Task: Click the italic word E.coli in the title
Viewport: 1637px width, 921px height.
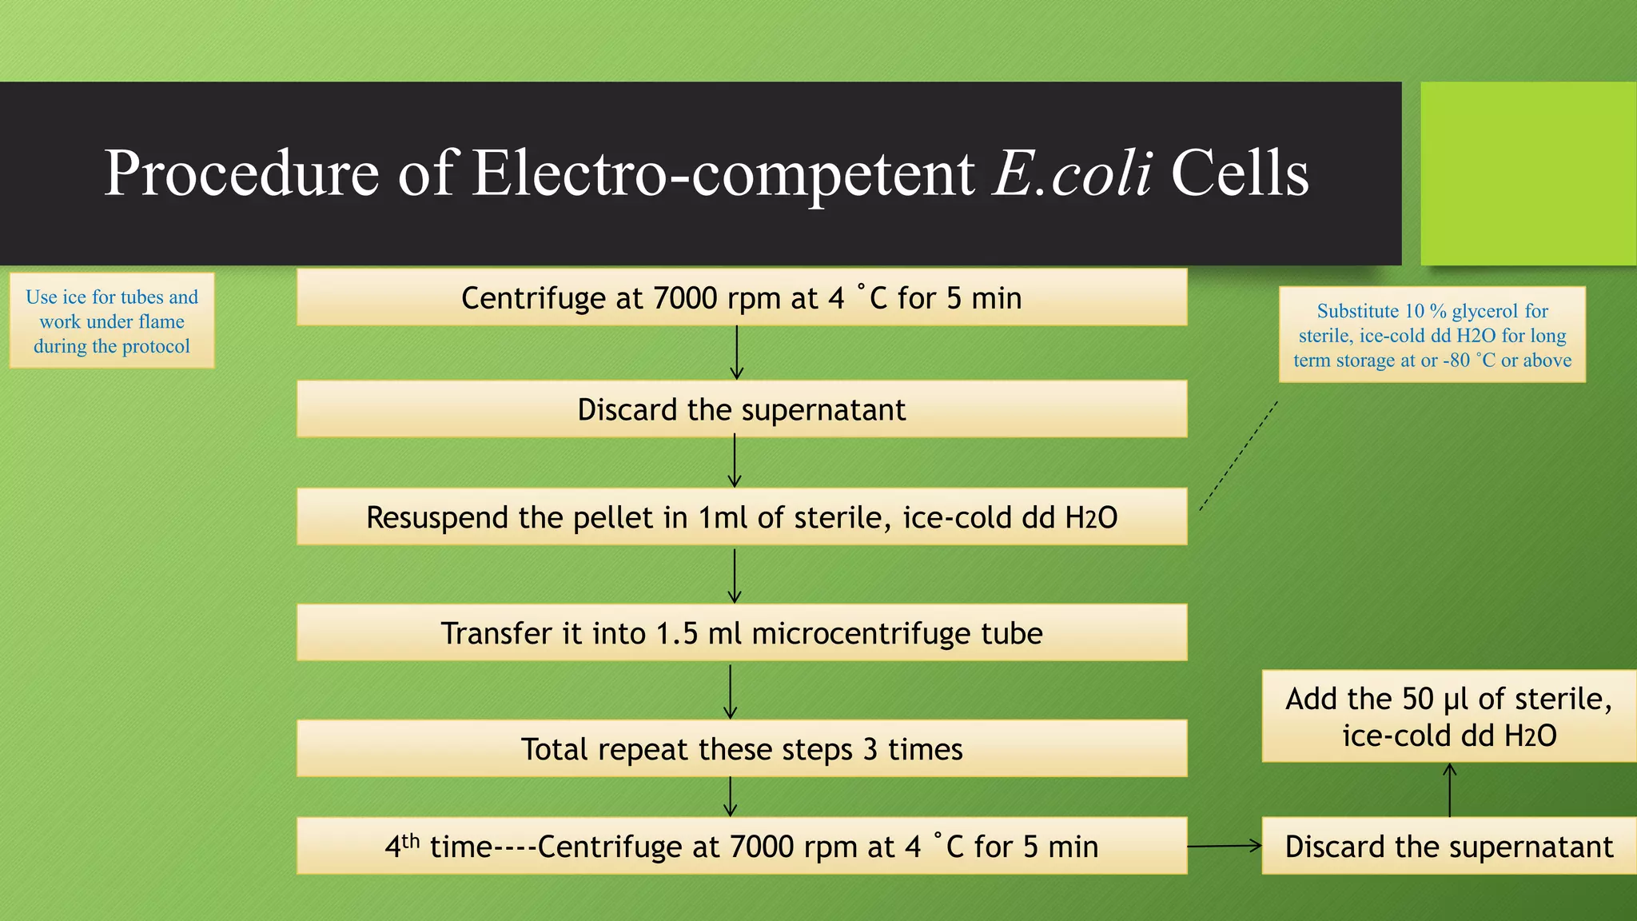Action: coord(1072,173)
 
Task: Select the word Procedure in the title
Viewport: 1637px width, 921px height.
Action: coord(241,173)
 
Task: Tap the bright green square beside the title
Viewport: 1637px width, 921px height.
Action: coord(1527,173)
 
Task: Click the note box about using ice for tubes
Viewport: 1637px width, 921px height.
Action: coord(112,321)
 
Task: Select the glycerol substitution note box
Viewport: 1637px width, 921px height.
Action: coord(1432,334)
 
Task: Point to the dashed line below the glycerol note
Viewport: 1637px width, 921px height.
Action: coord(1239,456)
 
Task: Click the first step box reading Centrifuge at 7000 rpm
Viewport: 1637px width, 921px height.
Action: coord(741,297)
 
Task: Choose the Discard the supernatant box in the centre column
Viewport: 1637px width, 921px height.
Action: coord(741,409)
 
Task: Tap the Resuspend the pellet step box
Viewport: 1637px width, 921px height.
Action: coord(741,517)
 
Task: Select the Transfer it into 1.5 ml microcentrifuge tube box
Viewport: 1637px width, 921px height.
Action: coord(741,632)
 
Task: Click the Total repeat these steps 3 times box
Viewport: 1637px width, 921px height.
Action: coord(741,748)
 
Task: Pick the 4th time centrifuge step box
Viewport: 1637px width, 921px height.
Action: coord(741,846)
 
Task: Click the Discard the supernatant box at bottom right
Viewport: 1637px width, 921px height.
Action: coord(1448,846)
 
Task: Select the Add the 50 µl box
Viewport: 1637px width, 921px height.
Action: coord(1448,716)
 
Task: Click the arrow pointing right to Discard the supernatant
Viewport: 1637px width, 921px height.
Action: coord(1225,846)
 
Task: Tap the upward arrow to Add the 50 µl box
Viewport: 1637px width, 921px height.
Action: coord(1449,790)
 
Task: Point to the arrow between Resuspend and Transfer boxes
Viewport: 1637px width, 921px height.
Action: coord(735,575)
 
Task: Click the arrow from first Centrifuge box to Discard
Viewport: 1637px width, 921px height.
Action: coord(736,353)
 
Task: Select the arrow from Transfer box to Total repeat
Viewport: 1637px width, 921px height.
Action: coord(730,691)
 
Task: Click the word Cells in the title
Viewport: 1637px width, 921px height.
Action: coord(1240,173)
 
